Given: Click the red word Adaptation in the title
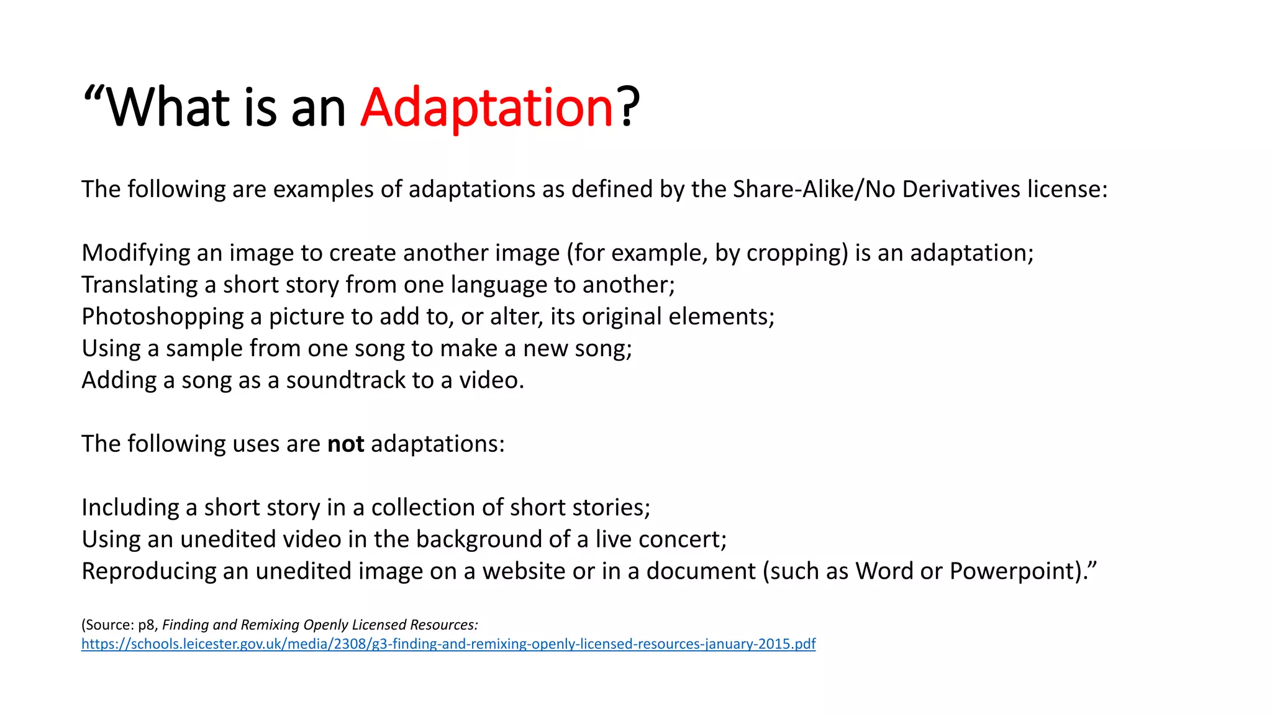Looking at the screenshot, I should (x=487, y=108).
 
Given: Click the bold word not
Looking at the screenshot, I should (x=345, y=444).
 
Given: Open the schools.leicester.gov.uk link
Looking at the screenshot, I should (x=448, y=644).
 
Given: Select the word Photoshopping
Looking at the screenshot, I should (x=163, y=317).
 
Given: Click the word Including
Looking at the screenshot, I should (x=130, y=507).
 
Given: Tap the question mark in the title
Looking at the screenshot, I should (x=628, y=108).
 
